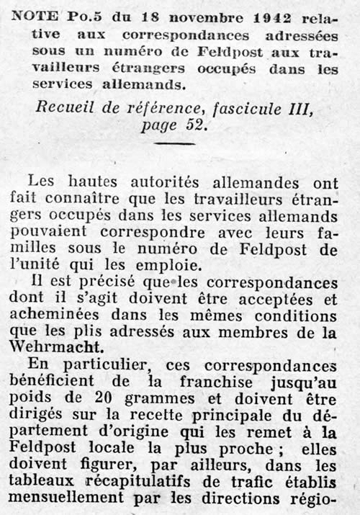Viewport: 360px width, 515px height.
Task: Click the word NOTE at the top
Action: click(x=32, y=15)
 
